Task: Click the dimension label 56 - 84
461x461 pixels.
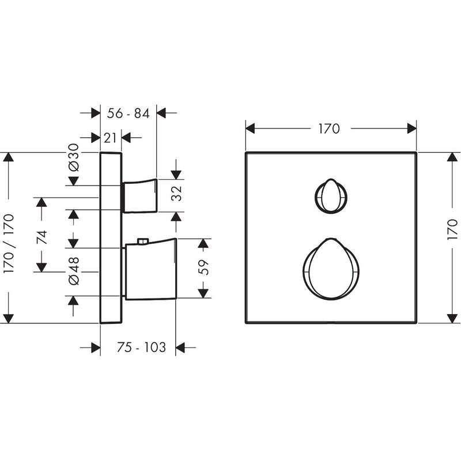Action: tap(128, 113)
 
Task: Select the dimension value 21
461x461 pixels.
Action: tap(110, 138)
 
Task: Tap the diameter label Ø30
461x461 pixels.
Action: tap(74, 157)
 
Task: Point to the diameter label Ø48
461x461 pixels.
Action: tap(74, 271)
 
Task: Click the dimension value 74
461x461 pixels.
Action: tap(41, 237)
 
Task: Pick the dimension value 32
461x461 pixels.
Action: tap(176, 194)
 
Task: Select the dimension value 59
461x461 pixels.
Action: tap(203, 267)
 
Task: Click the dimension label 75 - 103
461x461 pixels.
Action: tap(141, 347)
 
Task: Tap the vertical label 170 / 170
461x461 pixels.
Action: tap(9, 244)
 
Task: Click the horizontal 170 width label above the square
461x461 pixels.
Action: tap(329, 129)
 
